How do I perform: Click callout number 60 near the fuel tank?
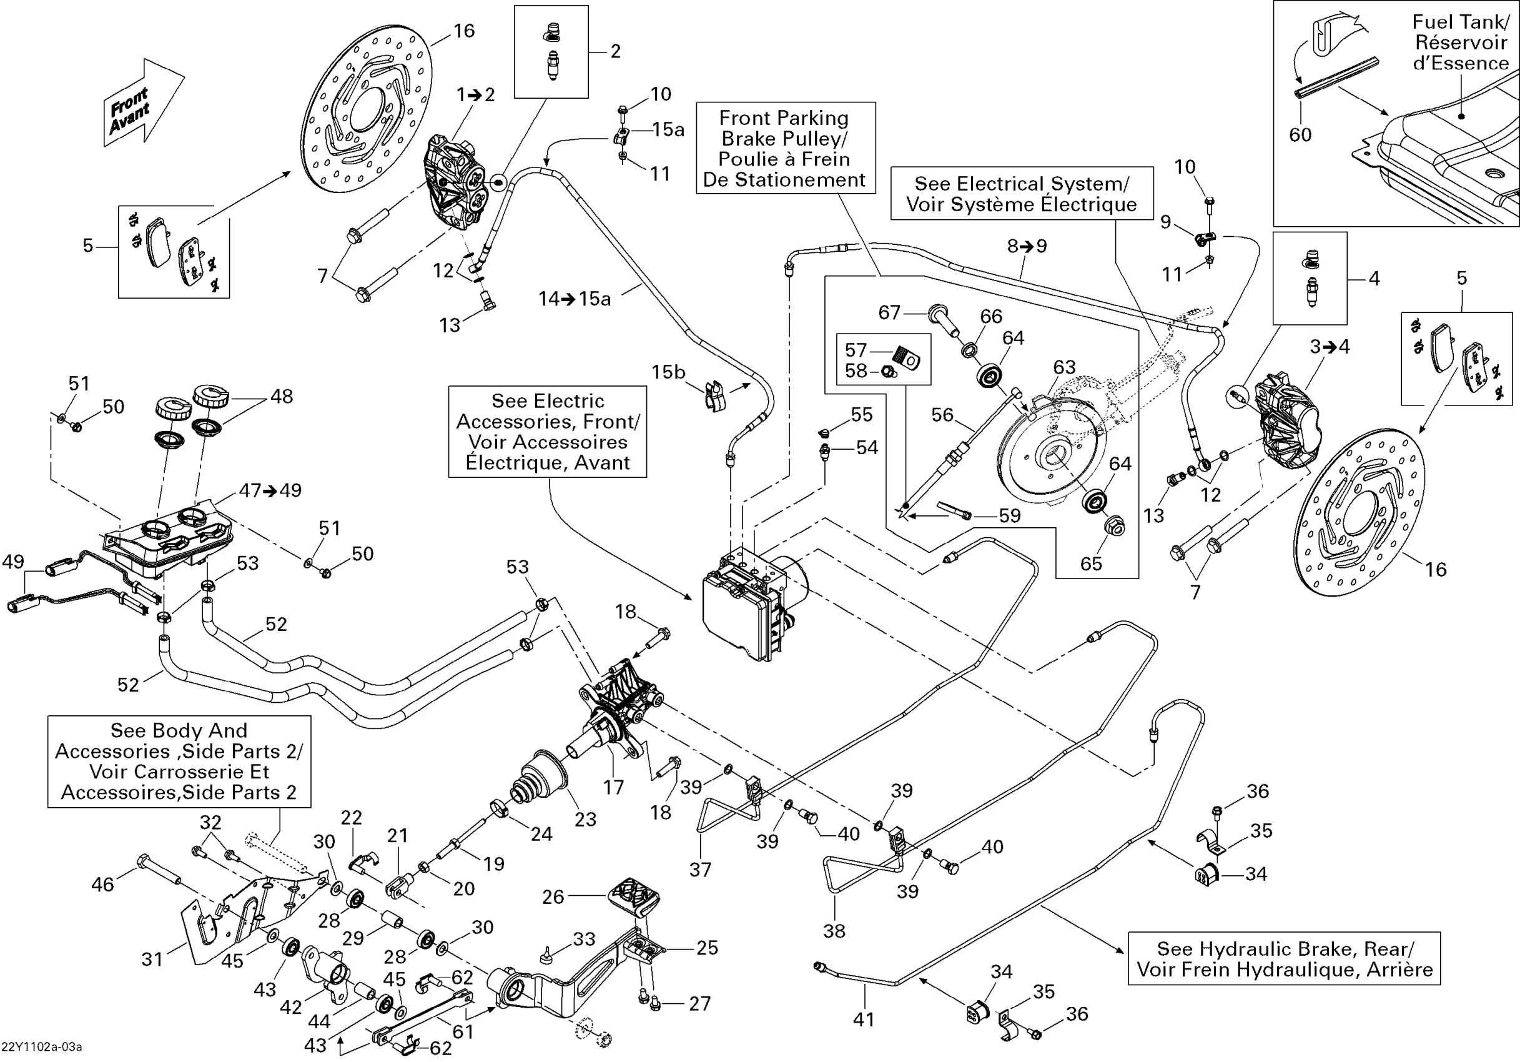tap(1300, 135)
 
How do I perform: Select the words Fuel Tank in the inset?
tap(1461, 22)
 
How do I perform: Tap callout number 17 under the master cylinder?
tap(614, 787)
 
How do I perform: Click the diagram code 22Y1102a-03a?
tap(42, 1047)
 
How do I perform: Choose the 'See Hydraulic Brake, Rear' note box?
tap(1284, 959)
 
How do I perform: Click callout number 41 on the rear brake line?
tap(863, 1019)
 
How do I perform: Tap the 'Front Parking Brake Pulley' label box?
tap(785, 148)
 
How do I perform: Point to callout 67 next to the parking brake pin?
tap(889, 312)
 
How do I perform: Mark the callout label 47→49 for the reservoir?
tap(270, 490)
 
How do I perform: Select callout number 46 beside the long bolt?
tap(102, 884)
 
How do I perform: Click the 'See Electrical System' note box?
tap(1022, 194)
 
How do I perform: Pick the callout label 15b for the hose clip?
tap(668, 372)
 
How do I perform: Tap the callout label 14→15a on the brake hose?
tap(575, 299)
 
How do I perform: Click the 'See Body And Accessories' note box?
tap(179, 762)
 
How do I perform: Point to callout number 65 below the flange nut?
tap(1091, 563)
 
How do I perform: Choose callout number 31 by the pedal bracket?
tap(152, 959)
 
